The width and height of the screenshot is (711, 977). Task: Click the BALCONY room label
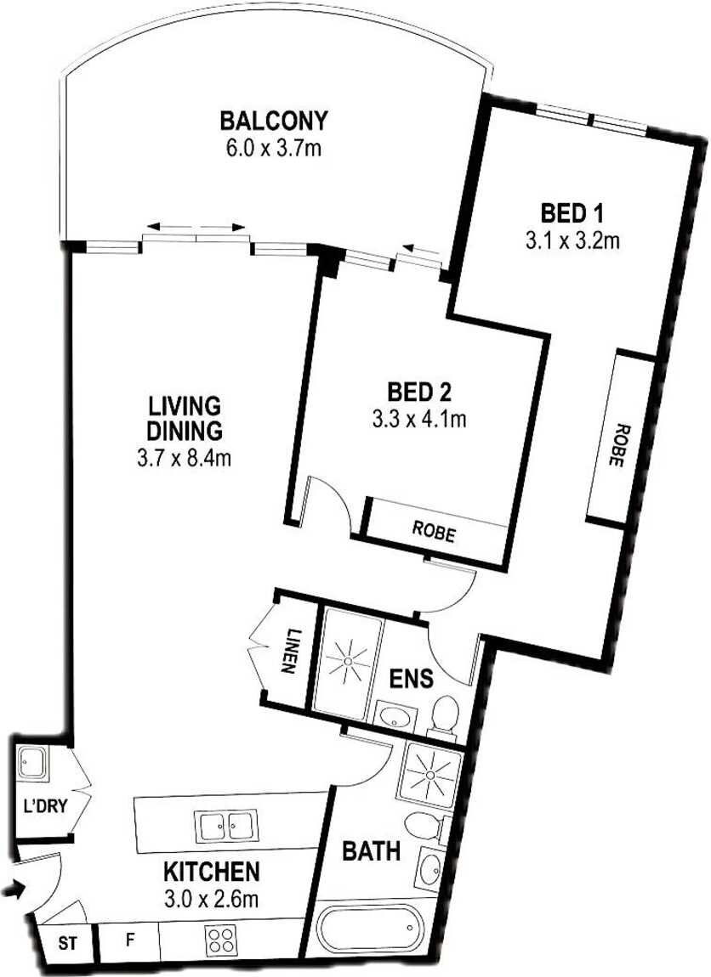(x=274, y=121)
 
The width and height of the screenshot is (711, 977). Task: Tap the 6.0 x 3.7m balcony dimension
(x=274, y=149)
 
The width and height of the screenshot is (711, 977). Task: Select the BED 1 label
(x=572, y=214)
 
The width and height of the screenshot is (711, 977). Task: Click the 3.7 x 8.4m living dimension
(x=184, y=459)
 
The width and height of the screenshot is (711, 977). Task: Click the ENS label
(x=411, y=678)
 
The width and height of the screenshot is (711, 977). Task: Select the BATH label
(x=371, y=850)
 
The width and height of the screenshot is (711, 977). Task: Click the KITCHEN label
(x=211, y=871)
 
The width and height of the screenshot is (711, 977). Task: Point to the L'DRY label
(x=44, y=806)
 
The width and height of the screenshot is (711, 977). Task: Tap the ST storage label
(x=68, y=943)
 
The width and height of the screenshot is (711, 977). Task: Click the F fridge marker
(x=130, y=939)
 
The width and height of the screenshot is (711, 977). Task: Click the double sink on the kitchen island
(x=225, y=827)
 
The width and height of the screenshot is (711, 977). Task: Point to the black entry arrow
(x=13, y=889)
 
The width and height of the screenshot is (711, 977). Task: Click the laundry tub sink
(x=31, y=762)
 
